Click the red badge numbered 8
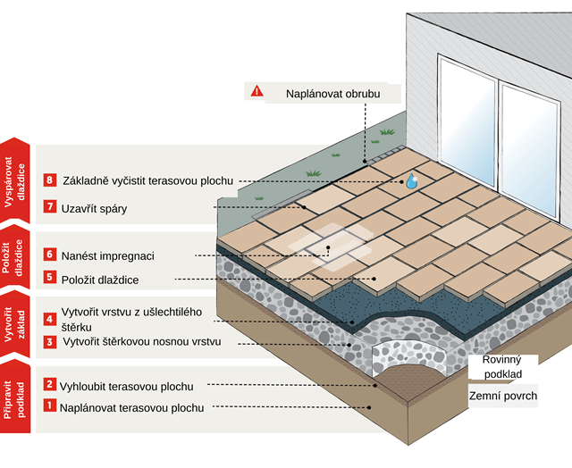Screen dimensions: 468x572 (x=50, y=180)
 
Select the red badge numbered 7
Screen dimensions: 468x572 (x=50, y=206)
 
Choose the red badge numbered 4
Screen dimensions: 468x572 (x=50, y=318)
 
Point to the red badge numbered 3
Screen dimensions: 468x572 (x=50, y=341)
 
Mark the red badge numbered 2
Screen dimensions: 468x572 (x=50, y=385)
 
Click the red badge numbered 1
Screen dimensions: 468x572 (x=50, y=406)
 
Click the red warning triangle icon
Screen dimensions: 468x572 (x=257, y=91)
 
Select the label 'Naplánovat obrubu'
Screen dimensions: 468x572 (x=332, y=92)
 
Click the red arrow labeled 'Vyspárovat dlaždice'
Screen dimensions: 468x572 (x=16, y=180)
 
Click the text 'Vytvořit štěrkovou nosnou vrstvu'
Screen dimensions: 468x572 (x=143, y=342)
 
